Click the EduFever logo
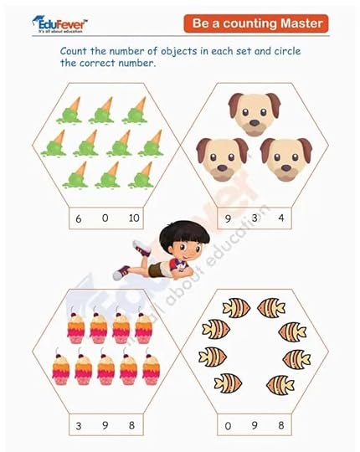[59, 24]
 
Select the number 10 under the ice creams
[134, 218]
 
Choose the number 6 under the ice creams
[79, 218]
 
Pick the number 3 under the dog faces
[255, 218]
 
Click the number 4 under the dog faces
[281, 218]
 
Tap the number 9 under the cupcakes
[105, 425]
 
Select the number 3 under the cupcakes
[79, 426]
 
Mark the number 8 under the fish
[281, 425]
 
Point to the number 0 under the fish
[228, 426]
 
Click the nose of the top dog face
[255, 123]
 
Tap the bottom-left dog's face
[222, 159]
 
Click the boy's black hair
[183, 234]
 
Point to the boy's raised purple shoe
[141, 248]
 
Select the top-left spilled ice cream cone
[69, 110]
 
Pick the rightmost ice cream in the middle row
[151, 143]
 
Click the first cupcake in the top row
[76, 325]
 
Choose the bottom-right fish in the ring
[280, 384]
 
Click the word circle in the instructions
[287, 51]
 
